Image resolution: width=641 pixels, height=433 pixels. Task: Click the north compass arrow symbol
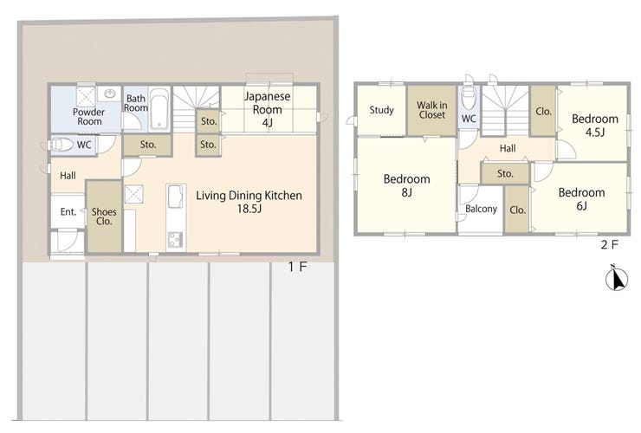pyautogui.click(x=617, y=278)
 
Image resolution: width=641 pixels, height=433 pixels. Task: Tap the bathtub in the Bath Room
pyautogui.click(x=159, y=109)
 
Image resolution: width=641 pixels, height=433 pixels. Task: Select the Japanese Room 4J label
pyautogui.click(x=268, y=109)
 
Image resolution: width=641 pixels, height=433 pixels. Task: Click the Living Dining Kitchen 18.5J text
pyautogui.click(x=249, y=202)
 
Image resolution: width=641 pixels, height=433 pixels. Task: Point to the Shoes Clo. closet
pyautogui.click(x=104, y=216)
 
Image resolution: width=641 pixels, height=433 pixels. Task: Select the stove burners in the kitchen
pyautogui.click(x=176, y=239)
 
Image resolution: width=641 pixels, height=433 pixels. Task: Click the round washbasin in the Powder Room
pyautogui.click(x=109, y=94)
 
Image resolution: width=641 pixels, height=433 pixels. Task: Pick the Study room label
pyautogui.click(x=381, y=110)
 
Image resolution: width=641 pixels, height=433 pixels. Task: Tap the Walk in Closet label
pyautogui.click(x=431, y=110)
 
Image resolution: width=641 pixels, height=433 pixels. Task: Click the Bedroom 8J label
pyautogui.click(x=407, y=185)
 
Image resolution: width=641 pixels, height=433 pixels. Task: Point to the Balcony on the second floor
pyautogui.click(x=481, y=210)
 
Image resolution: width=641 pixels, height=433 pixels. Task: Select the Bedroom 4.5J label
pyautogui.click(x=595, y=125)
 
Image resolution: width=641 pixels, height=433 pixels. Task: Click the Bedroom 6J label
pyautogui.click(x=582, y=198)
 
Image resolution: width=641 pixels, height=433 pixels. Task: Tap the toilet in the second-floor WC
pyautogui.click(x=469, y=97)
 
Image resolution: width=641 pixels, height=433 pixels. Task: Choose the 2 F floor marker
pyautogui.click(x=610, y=244)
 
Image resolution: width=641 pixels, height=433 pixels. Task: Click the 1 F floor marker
pyautogui.click(x=297, y=267)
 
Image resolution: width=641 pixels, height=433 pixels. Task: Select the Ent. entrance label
pyautogui.click(x=68, y=212)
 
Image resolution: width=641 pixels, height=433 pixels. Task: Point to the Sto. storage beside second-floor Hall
pyautogui.click(x=505, y=174)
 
